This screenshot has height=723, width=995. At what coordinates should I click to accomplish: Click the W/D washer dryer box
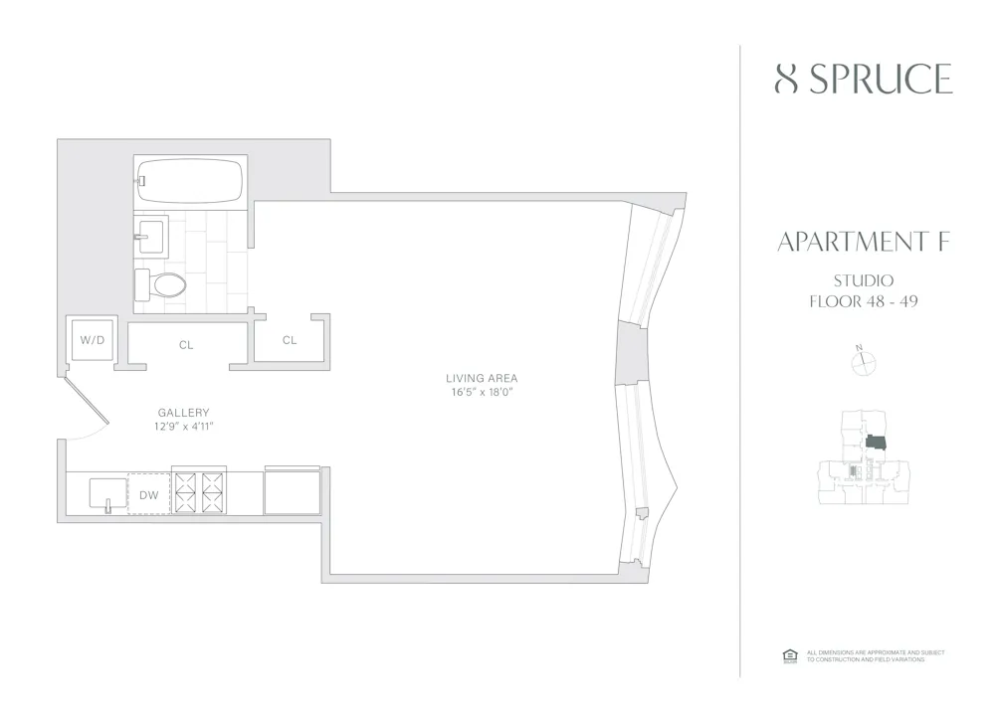[x=93, y=340]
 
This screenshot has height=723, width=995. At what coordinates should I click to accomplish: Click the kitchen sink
[x=107, y=493]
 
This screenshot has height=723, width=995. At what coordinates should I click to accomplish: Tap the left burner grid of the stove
[x=185, y=491]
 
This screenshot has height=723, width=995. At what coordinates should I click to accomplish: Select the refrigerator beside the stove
[x=292, y=491]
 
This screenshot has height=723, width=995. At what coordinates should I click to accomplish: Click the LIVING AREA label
[x=482, y=378]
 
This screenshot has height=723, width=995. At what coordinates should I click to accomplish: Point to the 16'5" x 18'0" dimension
[x=482, y=392]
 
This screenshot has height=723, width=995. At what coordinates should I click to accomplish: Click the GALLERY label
[x=183, y=413]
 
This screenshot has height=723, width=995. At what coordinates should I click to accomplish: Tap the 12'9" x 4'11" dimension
[x=183, y=426]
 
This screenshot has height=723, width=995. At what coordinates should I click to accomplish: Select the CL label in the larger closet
[x=186, y=345]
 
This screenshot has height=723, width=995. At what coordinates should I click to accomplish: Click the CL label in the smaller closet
[x=290, y=340]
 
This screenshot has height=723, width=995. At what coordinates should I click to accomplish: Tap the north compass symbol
[x=862, y=363]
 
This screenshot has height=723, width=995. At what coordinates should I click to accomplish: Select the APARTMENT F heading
[x=862, y=242]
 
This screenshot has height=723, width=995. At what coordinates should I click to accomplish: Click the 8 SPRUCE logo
[x=863, y=79]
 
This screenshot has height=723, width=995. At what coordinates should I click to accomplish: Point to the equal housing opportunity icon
[x=790, y=654]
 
